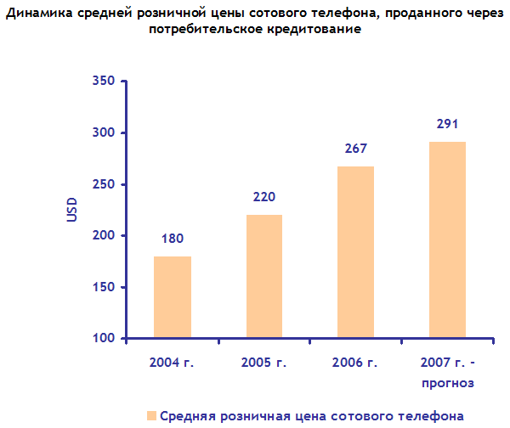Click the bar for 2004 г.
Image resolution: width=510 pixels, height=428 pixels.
(172, 297)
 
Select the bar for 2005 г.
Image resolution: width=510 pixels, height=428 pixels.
(263, 277)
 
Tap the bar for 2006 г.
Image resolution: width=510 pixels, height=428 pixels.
(355, 252)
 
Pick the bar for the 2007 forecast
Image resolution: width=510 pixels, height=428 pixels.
(447, 240)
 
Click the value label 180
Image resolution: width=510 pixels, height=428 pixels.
(172, 239)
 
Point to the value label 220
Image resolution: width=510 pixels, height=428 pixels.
(263, 198)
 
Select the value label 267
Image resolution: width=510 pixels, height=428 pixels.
(355, 149)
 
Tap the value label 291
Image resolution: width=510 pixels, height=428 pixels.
(447, 124)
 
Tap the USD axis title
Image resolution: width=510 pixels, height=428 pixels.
(72, 211)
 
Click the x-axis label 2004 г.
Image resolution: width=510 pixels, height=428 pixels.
(172, 363)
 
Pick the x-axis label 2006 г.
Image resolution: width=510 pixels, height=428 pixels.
(355, 363)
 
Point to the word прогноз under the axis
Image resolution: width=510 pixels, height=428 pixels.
(447, 383)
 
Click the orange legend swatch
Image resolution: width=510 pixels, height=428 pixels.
(150, 416)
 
